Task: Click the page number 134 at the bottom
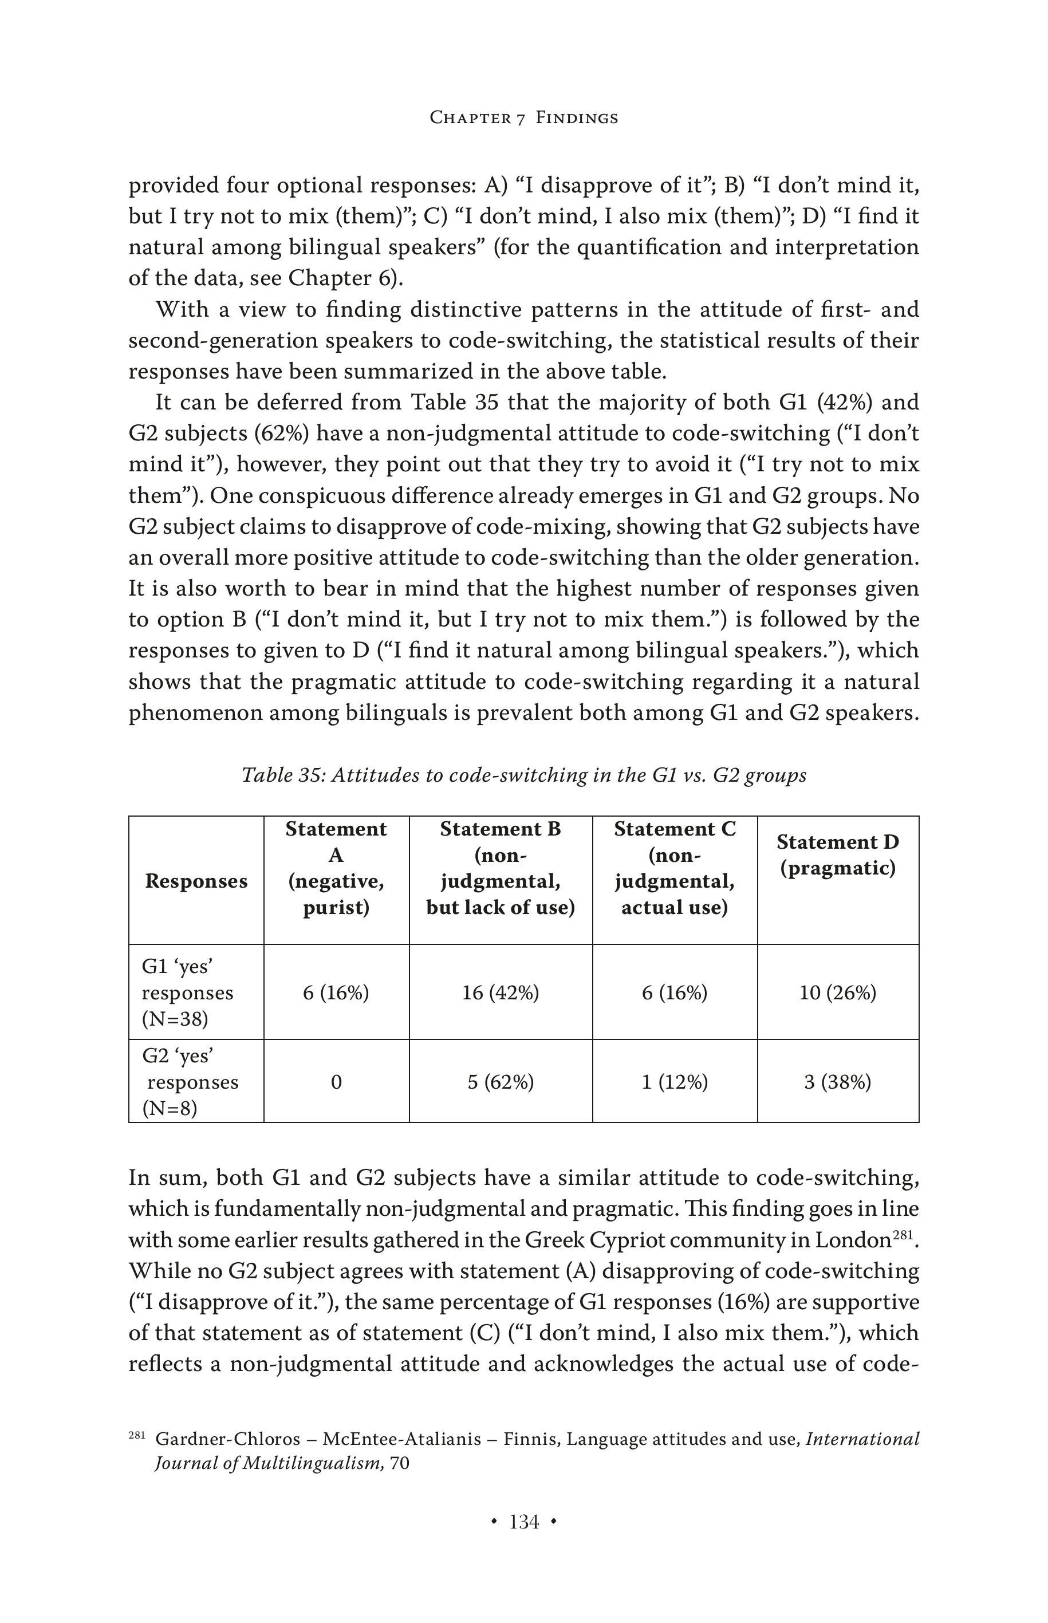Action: click(x=524, y=1522)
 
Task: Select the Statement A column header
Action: click(x=336, y=868)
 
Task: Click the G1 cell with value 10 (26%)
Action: click(x=838, y=993)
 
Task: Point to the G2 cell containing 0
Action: click(x=336, y=1082)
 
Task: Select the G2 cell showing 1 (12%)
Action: click(x=675, y=1082)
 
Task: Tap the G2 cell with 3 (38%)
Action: click(x=838, y=1082)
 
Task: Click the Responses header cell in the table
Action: click(x=196, y=881)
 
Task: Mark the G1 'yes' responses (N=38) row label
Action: click(x=187, y=993)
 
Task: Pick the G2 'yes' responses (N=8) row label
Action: click(x=190, y=1082)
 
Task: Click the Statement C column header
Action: click(x=675, y=868)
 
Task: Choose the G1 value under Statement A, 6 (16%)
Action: click(x=336, y=993)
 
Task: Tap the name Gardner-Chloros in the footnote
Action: click(x=227, y=1439)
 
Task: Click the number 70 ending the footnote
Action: click(x=400, y=1463)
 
